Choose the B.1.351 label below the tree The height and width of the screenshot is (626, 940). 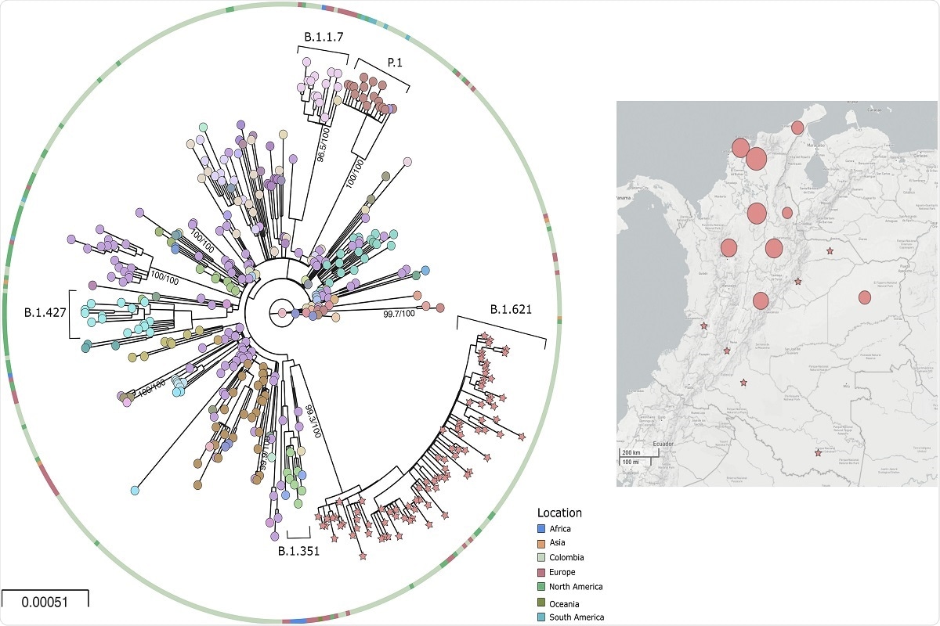click(299, 551)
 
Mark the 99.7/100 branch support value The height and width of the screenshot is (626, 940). click(403, 314)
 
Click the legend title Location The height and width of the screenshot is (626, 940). click(559, 513)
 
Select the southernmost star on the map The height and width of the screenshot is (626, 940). click(818, 453)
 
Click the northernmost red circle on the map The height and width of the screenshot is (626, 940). click(797, 128)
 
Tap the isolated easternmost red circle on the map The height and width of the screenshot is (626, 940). click(864, 297)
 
